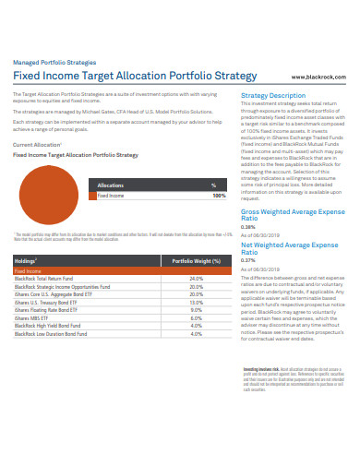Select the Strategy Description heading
272,95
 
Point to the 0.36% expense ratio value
247,227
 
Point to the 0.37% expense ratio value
247,260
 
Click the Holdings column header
25,261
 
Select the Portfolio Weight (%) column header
196,261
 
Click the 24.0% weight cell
196,278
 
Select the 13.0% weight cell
196,302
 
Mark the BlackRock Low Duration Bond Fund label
57,333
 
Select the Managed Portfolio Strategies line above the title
53,62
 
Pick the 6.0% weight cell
196,317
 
